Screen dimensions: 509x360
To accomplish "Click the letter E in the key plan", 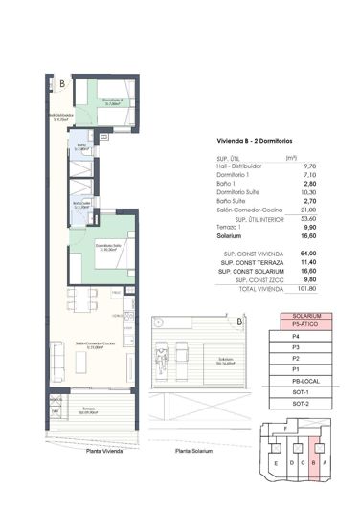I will coord(277,465).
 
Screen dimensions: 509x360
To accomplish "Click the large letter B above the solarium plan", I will coord(237,322).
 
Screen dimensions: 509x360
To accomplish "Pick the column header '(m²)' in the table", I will coord(291,158).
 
